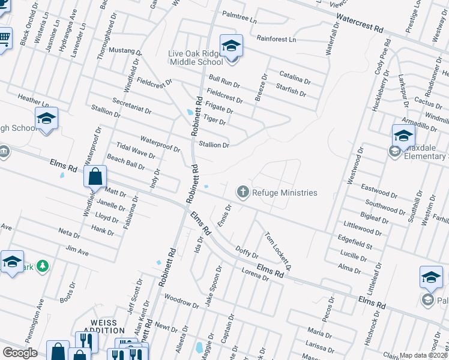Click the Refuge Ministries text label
(x=285, y=193)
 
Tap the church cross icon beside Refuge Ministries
(x=243, y=192)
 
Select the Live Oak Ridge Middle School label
(x=196, y=58)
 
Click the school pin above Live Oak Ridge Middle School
(x=231, y=45)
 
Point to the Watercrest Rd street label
(x=359, y=23)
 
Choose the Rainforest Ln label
(x=277, y=39)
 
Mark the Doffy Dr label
(x=247, y=251)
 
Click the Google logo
(x=20, y=353)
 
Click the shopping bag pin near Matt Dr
(x=95, y=177)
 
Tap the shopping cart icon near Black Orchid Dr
(x=4, y=38)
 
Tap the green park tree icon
(x=42, y=265)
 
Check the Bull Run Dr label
(x=224, y=82)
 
